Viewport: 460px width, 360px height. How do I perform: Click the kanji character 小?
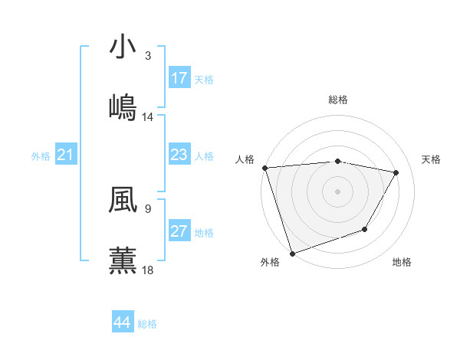(x=123, y=47)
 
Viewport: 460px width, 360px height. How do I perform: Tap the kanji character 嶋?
(x=123, y=107)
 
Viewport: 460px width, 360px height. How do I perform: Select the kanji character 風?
(x=123, y=201)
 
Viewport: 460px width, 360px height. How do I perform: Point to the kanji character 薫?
(x=123, y=260)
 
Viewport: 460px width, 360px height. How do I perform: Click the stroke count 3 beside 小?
(x=148, y=56)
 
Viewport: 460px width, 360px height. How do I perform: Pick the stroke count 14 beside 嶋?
(x=148, y=117)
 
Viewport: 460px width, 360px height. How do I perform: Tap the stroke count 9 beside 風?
(x=148, y=208)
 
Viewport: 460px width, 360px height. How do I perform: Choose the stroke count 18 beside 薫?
(x=148, y=270)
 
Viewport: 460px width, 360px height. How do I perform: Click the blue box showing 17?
(x=179, y=78)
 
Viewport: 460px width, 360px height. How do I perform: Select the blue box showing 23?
(x=179, y=155)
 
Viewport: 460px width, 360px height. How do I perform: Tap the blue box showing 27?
(x=179, y=231)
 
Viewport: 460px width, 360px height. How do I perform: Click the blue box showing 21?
(x=66, y=155)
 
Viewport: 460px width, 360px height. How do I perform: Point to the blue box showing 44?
(x=123, y=322)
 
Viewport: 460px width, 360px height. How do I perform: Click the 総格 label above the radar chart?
(x=338, y=100)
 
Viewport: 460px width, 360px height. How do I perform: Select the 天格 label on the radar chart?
(x=432, y=159)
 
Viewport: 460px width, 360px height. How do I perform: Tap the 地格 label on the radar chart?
(x=402, y=263)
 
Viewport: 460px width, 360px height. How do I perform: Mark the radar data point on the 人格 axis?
(x=264, y=168)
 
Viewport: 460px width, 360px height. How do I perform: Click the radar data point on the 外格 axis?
(x=292, y=253)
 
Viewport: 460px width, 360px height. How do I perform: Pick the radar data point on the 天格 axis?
(x=396, y=172)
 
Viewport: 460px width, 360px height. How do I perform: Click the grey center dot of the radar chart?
(x=337, y=191)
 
